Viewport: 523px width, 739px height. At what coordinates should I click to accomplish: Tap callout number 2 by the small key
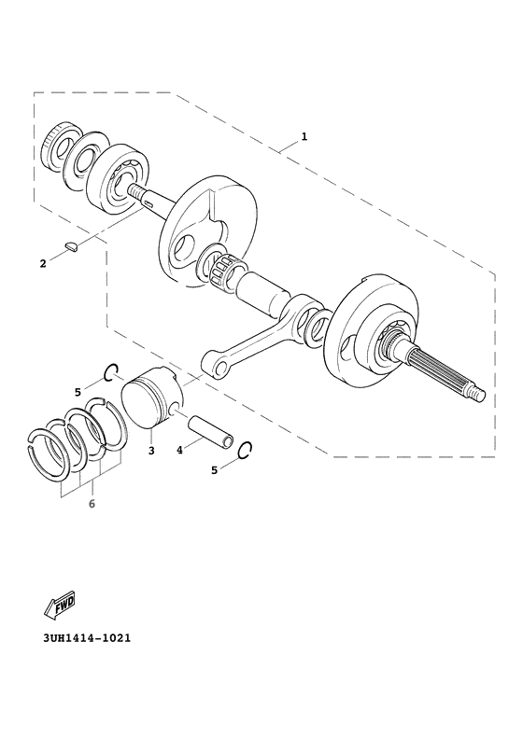(43, 264)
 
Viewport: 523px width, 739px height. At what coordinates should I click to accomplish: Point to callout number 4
(180, 450)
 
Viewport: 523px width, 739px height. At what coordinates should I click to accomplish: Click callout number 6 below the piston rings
(92, 504)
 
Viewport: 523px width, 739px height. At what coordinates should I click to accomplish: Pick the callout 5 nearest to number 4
(214, 470)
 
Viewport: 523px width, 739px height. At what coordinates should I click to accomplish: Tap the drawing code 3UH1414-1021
(86, 639)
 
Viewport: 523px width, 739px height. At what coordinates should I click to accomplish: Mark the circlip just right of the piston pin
(246, 450)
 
